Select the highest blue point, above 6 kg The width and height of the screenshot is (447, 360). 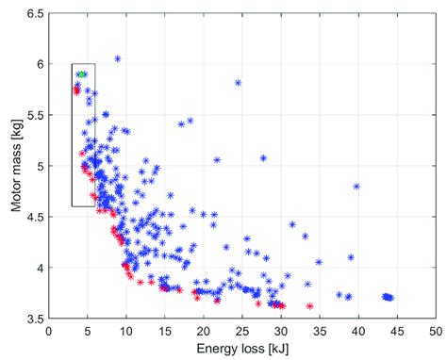tap(118, 58)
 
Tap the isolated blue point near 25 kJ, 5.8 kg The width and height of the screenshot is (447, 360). tap(238, 82)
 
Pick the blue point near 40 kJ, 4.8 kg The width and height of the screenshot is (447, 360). tap(356, 186)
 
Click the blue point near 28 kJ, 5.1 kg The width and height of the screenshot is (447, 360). tap(263, 158)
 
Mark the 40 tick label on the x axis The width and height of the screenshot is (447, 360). tap(358, 331)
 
